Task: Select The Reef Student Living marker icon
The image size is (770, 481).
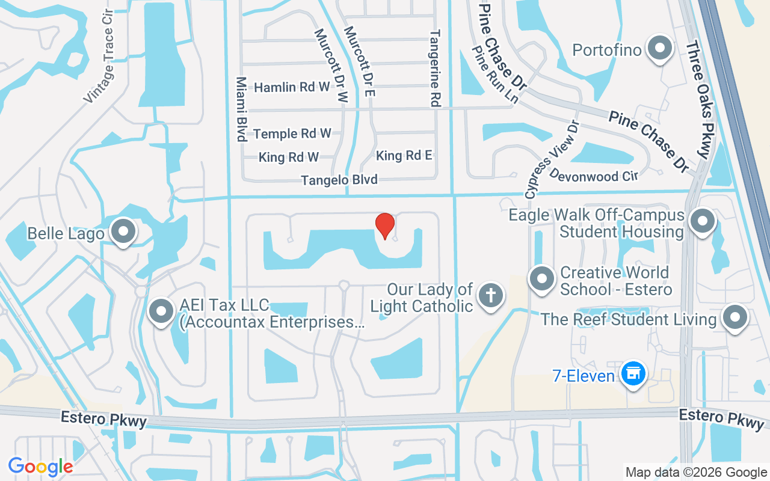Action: point(735,317)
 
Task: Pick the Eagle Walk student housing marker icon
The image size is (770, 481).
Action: point(702,221)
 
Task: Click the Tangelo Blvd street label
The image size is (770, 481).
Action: point(339,180)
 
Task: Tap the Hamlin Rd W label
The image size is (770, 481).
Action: point(292,87)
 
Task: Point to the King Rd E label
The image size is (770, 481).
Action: point(404,156)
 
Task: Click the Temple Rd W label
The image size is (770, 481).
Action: point(292,133)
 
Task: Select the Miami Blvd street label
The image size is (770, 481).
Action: point(241,109)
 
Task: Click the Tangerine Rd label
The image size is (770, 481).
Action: point(434,69)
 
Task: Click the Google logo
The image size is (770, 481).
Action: point(40,466)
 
